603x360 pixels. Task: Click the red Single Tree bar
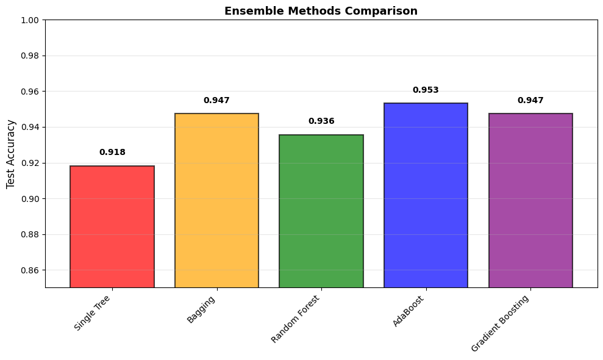click(112, 226)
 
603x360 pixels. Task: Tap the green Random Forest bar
click(321, 211)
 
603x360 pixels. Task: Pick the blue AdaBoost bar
click(426, 195)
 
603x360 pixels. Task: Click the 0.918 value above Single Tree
click(112, 153)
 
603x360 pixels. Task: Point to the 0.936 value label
click(321, 121)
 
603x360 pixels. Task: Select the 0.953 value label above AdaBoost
click(426, 90)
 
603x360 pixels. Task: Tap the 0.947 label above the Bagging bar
click(216, 101)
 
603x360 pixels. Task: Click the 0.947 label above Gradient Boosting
click(530, 101)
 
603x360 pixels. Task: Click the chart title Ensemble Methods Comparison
click(321, 11)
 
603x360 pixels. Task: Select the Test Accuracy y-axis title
click(11, 154)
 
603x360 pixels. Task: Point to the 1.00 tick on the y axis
click(30, 20)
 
